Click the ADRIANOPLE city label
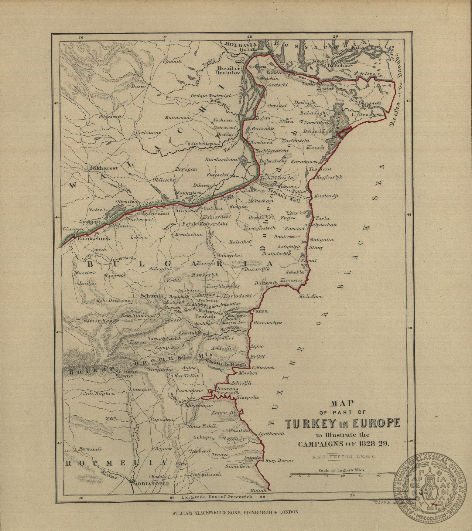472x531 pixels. [x=150, y=484]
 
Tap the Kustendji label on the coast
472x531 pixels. [x=326, y=196]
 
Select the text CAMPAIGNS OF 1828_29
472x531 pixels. [x=343, y=444]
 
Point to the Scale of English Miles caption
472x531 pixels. [x=341, y=470]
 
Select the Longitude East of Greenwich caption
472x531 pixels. [x=217, y=497]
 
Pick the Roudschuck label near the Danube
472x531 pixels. [x=94, y=238]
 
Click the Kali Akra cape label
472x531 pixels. [x=311, y=296]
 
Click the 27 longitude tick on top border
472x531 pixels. [x=165, y=37]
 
